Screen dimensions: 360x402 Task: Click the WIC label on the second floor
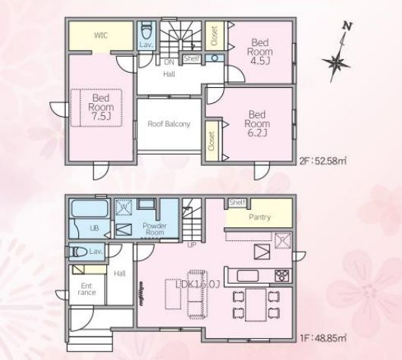pyautogui.click(x=101, y=36)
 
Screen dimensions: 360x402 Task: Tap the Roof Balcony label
pyautogui.click(x=168, y=124)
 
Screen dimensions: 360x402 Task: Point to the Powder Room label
pyautogui.click(x=155, y=228)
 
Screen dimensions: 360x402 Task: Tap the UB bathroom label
pyautogui.click(x=94, y=227)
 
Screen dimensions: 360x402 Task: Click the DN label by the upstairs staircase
pyautogui.click(x=169, y=61)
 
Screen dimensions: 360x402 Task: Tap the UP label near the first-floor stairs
pyautogui.click(x=192, y=245)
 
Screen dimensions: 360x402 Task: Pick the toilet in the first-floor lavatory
pyautogui.click(x=77, y=251)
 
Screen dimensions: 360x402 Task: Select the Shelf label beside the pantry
pyautogui.click(x=237, y=202)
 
